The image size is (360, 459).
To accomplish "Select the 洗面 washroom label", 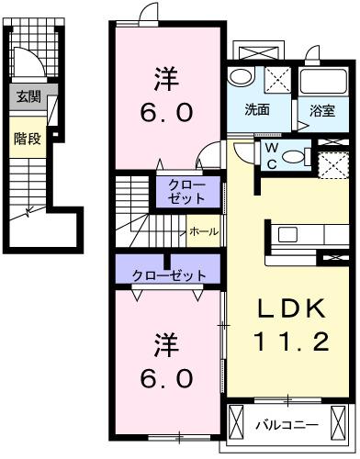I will click(256, 109).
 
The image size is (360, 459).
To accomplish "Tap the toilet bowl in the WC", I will click(296, 156).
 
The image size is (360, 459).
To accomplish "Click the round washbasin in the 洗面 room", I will click(242, 77).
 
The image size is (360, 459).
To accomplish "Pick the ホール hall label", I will click(203, 232).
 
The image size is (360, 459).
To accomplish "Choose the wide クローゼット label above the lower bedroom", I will click(168, 273).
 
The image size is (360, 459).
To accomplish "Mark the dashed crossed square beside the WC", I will click(332, 164).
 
